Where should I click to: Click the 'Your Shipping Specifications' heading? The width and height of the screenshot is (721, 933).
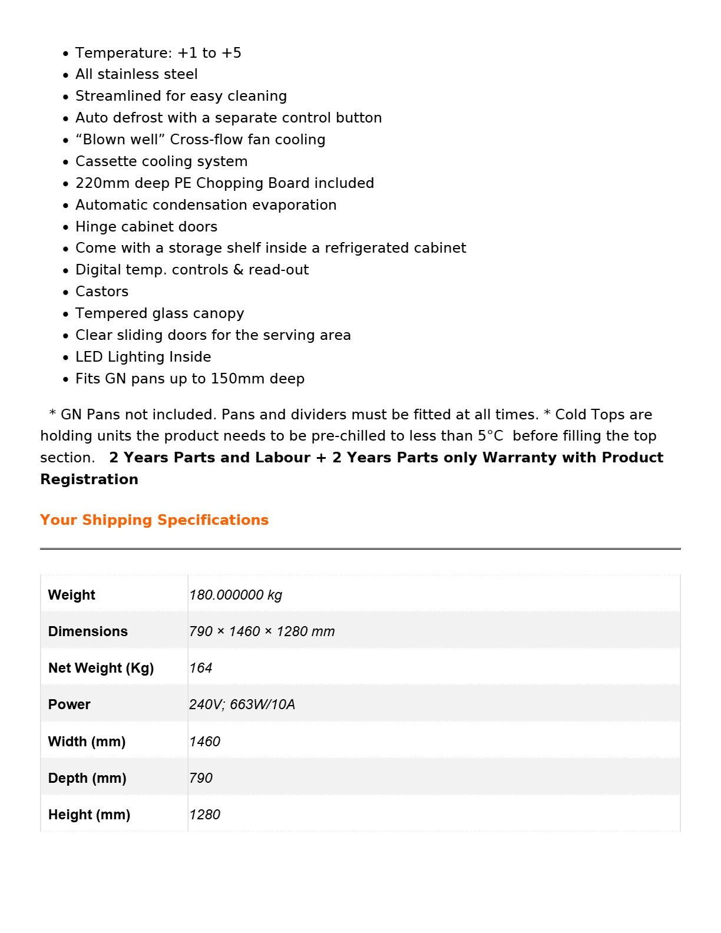[x=154, y=520]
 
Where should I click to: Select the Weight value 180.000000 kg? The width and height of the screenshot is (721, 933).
[x=236, y=595]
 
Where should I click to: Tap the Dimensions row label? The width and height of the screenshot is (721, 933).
[x=88, y=631]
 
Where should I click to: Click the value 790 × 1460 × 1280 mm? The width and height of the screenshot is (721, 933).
[x=262, y=631]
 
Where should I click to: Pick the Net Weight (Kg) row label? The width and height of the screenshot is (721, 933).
[x=101, y=668]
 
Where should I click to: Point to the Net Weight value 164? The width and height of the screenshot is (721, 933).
[x=200, y=668]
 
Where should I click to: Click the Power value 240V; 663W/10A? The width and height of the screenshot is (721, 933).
[x=242, y=704]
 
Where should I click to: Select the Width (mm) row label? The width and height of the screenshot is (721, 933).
[x=87, y=742]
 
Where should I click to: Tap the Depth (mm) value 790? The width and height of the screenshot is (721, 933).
[x=200, y=778]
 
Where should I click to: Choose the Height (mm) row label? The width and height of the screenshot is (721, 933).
[x=89, y=815]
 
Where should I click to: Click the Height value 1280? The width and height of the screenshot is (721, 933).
[x=204, y=815]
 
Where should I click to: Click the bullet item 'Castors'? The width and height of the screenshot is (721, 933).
[x=102, y=292]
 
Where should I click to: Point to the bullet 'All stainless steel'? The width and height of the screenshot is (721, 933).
[x=137, y=74]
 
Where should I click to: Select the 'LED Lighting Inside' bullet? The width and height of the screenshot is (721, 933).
[x=143, y=357]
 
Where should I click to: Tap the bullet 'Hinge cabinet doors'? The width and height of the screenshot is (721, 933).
[x=146, y=227]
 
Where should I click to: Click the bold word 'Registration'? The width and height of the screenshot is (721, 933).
[x=90, y=479]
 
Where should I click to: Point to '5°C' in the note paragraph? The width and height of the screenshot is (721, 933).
[x=491, y=436]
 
